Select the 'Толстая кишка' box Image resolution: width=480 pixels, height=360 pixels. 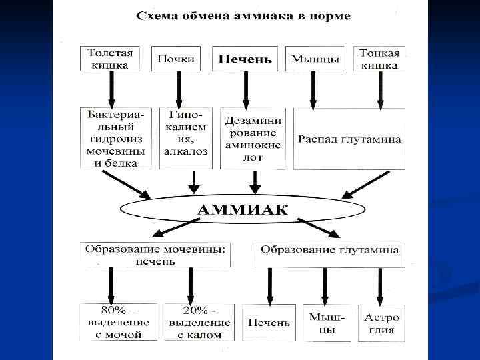[110, 59]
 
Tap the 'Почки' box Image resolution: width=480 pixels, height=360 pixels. [176, 59]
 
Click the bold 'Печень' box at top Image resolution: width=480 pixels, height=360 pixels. [245, 59]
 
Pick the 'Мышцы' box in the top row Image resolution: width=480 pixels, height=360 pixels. [315, 59]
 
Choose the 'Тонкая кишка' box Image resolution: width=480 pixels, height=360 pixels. [379, 59]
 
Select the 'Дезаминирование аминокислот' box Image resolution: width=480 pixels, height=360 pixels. [253, 139]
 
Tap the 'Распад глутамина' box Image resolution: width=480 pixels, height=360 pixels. [349, 139]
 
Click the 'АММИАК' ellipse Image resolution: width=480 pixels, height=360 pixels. [242, 210]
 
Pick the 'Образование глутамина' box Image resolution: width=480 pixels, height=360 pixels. [329, 251]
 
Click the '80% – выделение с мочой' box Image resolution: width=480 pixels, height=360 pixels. [117, 323]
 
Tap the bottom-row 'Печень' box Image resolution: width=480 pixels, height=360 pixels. [269, 323]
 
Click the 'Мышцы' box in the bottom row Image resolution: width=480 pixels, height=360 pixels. [327, 323]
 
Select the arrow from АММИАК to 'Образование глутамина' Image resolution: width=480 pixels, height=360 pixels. [318, 227]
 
